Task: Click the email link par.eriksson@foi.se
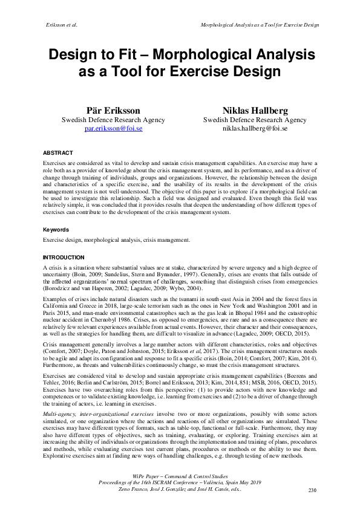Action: point(113,129)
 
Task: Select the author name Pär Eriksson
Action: point(113,111)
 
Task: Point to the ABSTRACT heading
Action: point(58,153)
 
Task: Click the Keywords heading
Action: point(56,230)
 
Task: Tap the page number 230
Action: point(312,490)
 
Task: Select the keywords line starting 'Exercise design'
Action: point(116,240)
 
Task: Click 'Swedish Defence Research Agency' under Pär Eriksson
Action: point(113,120)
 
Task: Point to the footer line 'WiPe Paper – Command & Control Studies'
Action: point(180,477)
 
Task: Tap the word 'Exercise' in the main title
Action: point(201,72)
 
